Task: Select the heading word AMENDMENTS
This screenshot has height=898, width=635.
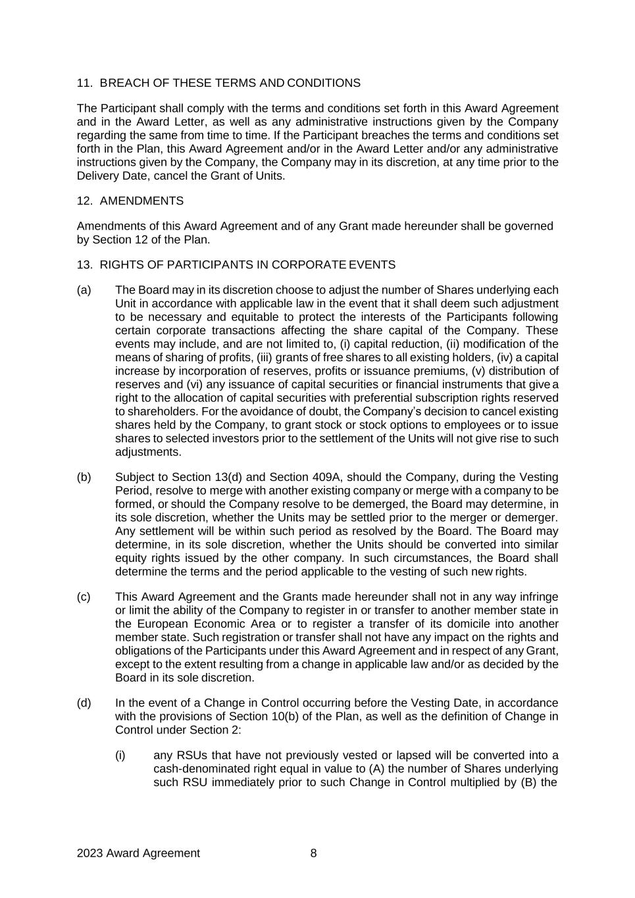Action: point(141,201)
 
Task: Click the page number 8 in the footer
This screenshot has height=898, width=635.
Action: point(313,853)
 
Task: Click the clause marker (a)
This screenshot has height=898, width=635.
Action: point(84,290)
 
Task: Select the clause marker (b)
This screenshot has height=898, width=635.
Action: point(84,477)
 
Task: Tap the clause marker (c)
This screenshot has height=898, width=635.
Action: point(84,597)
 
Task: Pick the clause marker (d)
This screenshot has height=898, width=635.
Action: point(84,703)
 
